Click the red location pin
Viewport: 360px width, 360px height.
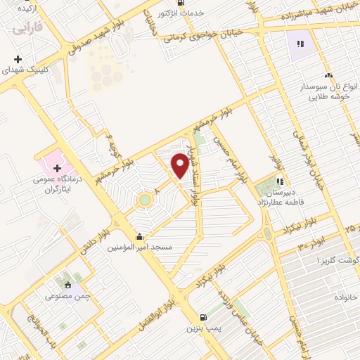tap(180, 165)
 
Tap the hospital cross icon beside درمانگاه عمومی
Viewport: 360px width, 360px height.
tap(57, 168)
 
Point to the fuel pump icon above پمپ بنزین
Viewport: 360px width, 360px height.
tap(203, 317)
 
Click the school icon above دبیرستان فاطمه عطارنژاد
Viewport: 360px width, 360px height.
tap(280, 181)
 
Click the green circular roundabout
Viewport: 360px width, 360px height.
tap(144, 200)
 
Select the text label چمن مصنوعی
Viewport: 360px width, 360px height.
tap(70, 296)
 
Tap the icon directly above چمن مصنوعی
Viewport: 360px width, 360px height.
tap(67, 285)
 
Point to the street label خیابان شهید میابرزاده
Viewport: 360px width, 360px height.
tap(308, 12)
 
